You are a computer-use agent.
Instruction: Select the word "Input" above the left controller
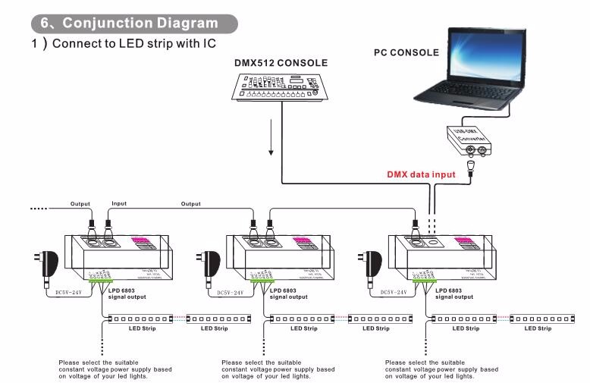click(x=119, y=203)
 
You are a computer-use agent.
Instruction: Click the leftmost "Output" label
click(x=80, y=203)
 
